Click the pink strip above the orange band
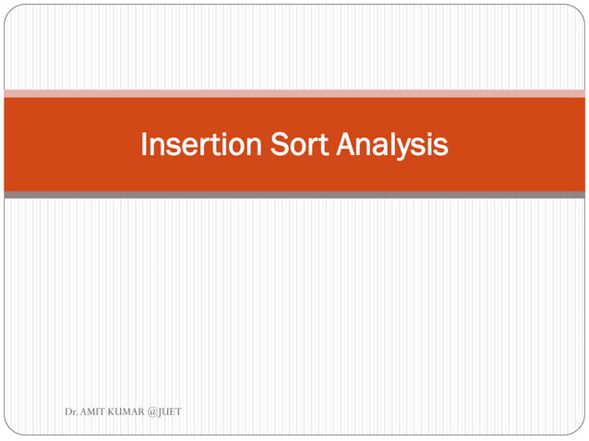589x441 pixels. (294, 93)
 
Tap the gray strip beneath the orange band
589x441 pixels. (294, 195)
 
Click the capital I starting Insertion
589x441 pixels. (144, 145)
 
